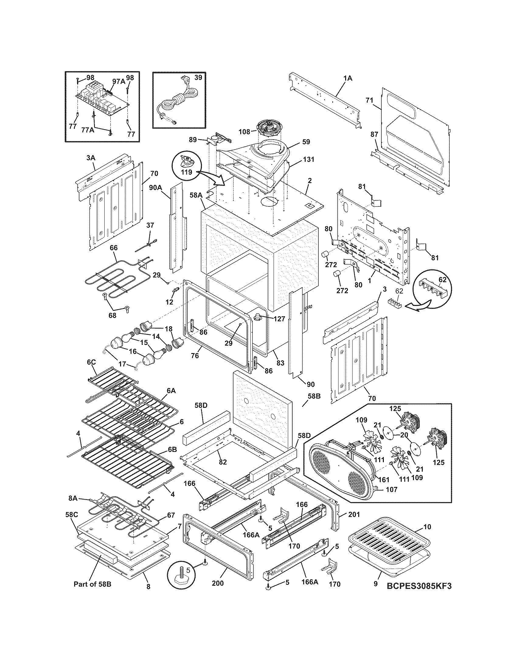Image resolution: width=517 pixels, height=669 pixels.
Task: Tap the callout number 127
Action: point(279,319)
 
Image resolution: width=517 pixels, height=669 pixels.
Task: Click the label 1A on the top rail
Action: point(348,78)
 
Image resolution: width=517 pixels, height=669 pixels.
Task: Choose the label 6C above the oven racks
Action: point(92,362)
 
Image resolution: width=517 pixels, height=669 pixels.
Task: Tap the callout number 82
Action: point(223,462)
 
